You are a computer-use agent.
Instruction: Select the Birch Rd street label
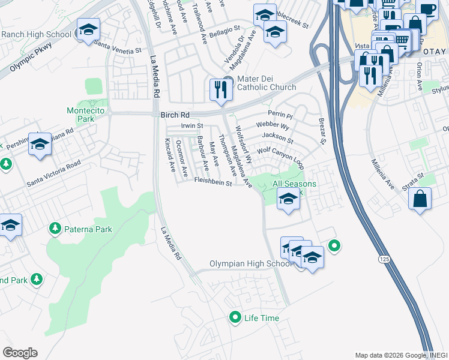pos(175,114)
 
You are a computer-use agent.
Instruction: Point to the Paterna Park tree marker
pos(55,229)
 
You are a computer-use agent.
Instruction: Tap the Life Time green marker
pos(235,317)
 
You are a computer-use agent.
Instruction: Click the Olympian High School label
pos(251,264)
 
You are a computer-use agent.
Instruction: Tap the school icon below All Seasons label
pos(288,199)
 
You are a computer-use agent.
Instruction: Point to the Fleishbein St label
pos(212,184)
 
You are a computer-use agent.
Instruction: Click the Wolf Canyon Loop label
pos(281,157)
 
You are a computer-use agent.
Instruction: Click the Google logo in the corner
pos(20,353)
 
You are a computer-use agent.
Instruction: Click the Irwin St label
pos(193,126)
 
